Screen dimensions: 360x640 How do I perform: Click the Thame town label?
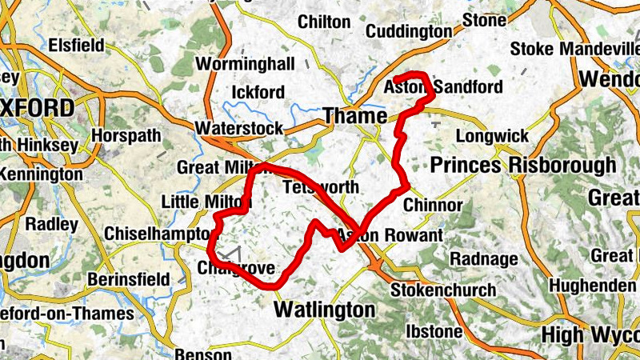354,117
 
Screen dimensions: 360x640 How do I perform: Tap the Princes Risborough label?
523,166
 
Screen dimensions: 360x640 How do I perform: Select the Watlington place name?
324,309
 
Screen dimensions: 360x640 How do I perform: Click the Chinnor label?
433,206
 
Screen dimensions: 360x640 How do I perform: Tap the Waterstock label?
239,128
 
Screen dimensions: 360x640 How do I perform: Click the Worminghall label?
246,63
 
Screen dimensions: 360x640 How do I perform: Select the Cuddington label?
409,31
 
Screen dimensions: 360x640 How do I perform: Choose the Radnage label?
478,259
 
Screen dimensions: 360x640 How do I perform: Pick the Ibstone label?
434,330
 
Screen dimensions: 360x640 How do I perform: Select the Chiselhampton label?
156,234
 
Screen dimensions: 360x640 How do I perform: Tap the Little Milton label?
196,201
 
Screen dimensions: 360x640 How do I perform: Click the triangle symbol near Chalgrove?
232,254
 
